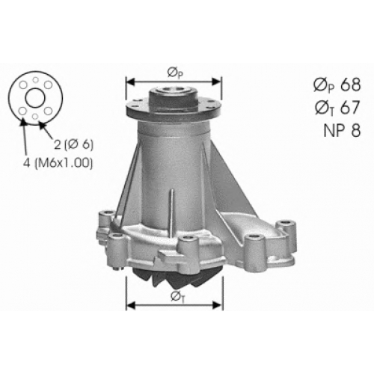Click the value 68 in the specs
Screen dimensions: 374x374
click(x=351, y=85)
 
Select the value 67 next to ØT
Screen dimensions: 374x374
click(x=350, y=108)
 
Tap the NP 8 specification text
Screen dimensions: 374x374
click(x=342, y=130)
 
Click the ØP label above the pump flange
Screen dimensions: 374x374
click(x=175, y=73)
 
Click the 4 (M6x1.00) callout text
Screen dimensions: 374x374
click(x=58, y=163)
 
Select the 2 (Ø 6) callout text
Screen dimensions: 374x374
click(x=73, y=144)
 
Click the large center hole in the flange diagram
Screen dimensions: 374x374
click(x=35, y=98)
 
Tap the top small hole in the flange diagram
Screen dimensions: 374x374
click(x=35, y=80)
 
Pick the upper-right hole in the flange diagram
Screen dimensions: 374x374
click(x=48, y=85)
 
